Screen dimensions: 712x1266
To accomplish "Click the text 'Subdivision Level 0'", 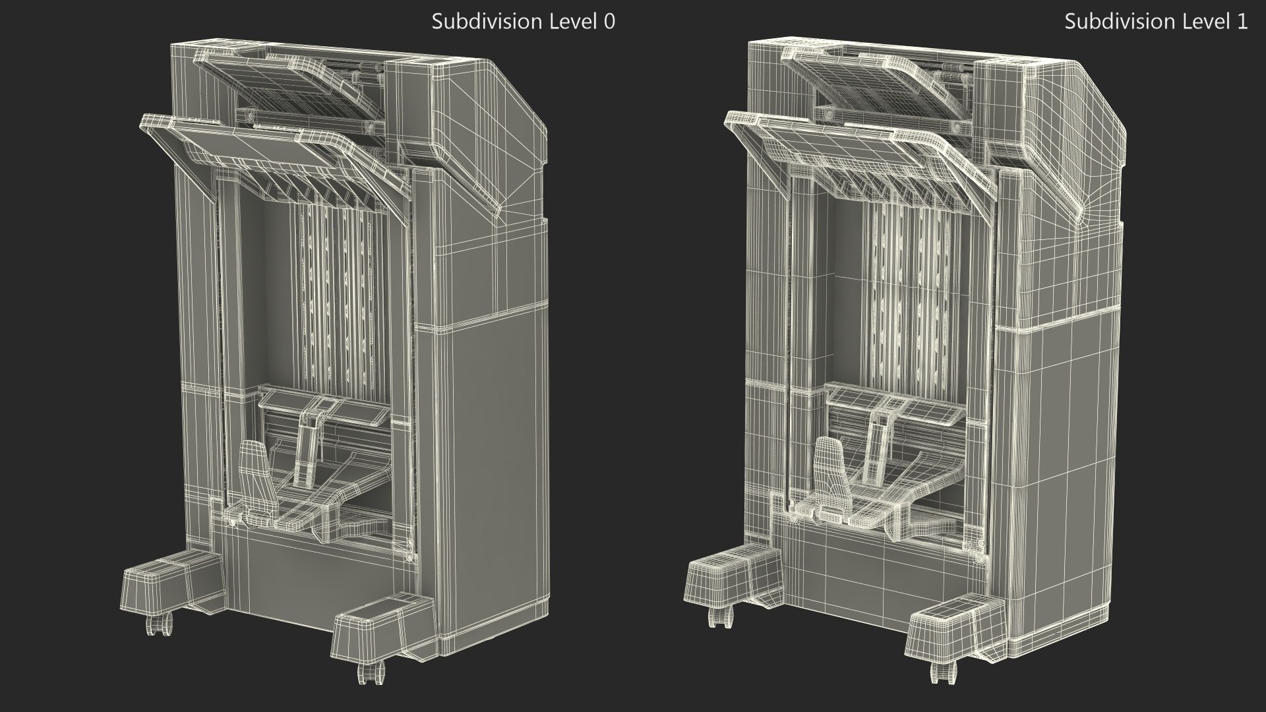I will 523,22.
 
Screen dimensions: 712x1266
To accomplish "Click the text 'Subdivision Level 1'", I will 1156,22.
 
